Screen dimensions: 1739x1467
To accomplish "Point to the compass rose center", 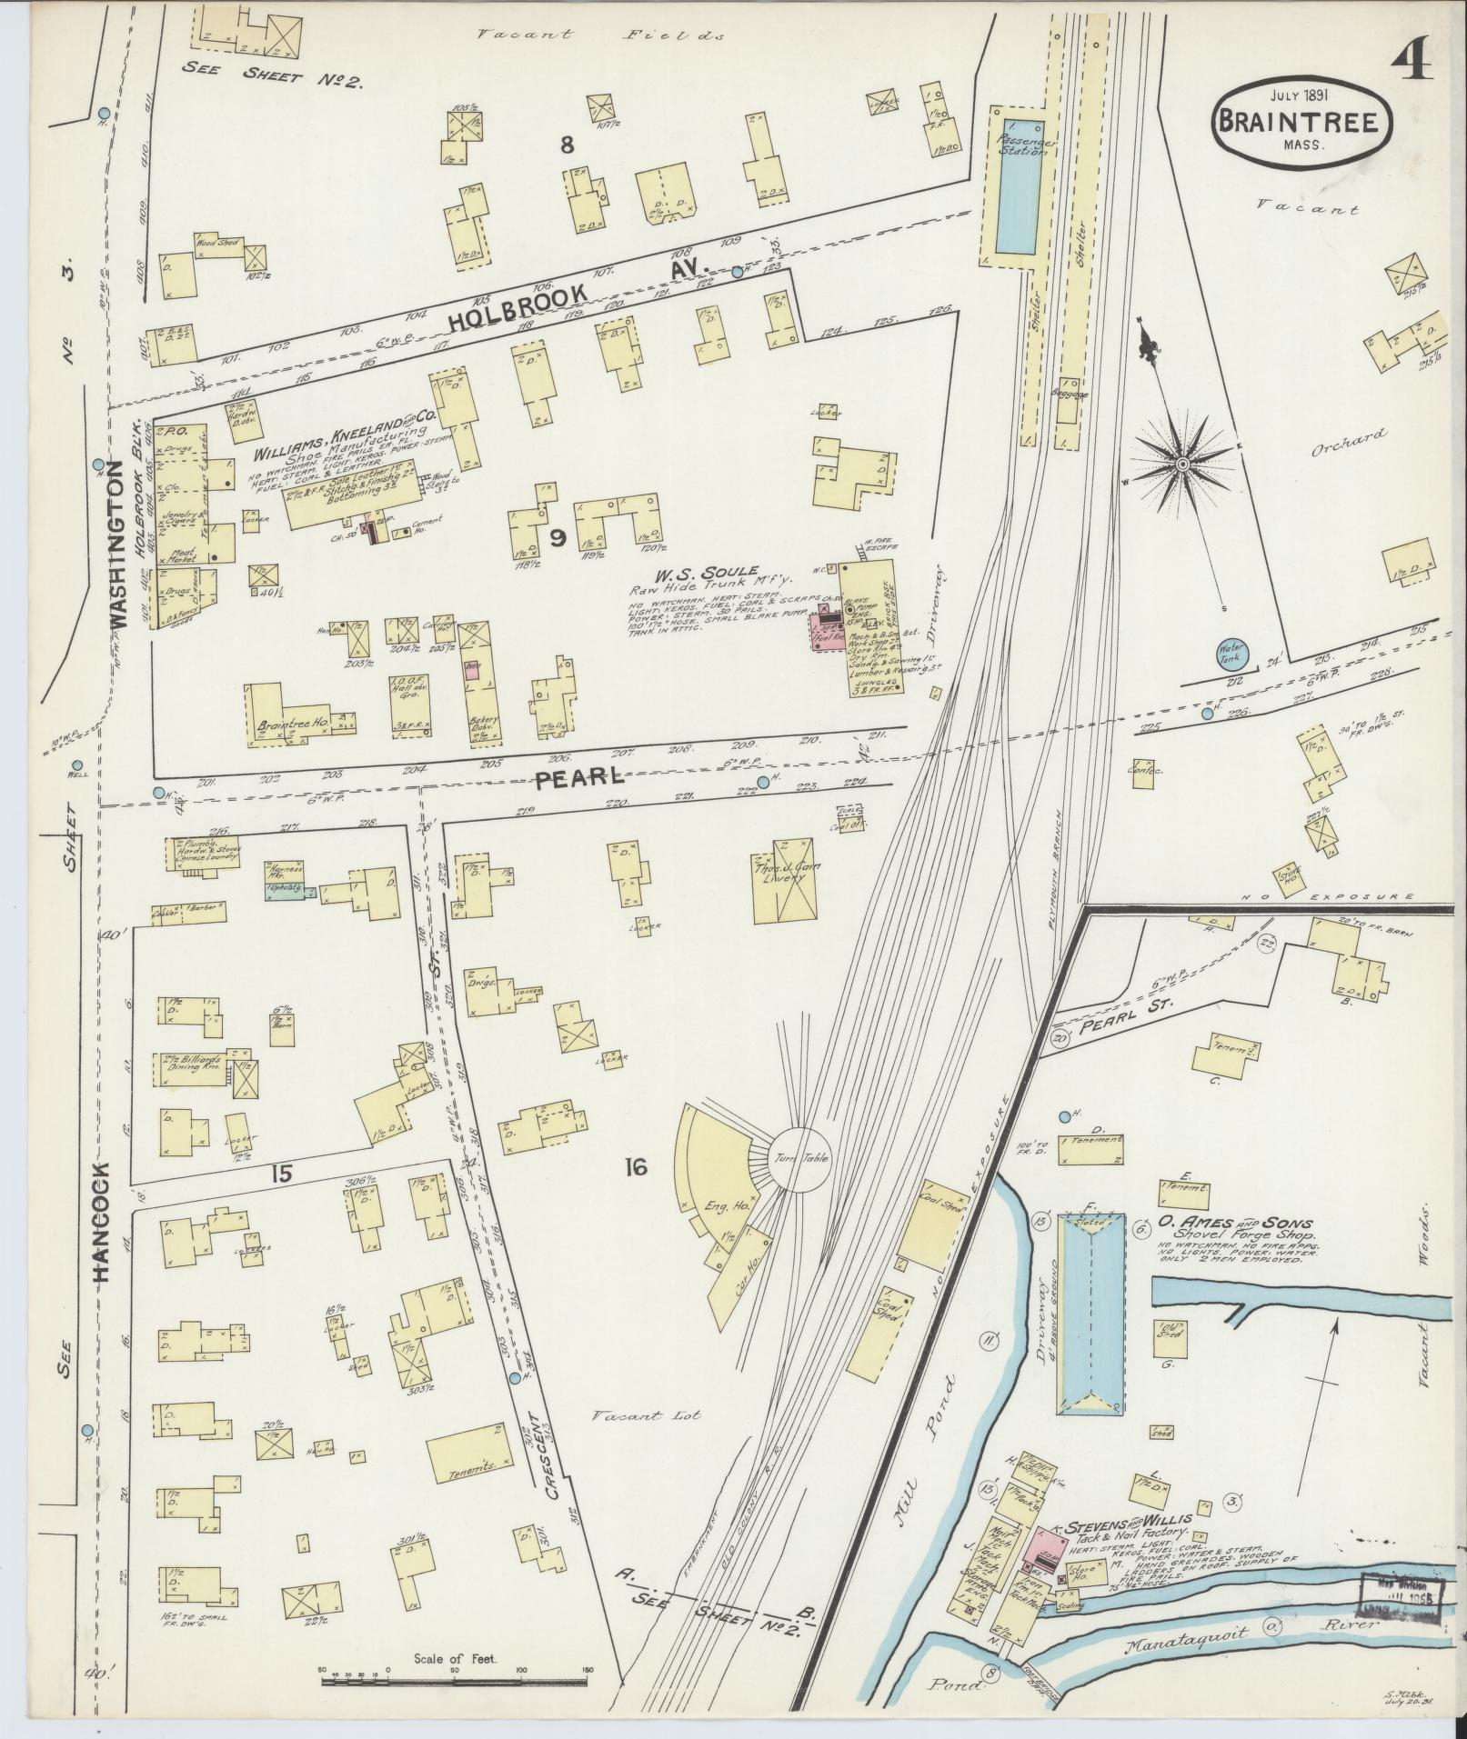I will (1182, 465).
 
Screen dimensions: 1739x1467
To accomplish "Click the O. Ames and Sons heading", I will (1235, 1224).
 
